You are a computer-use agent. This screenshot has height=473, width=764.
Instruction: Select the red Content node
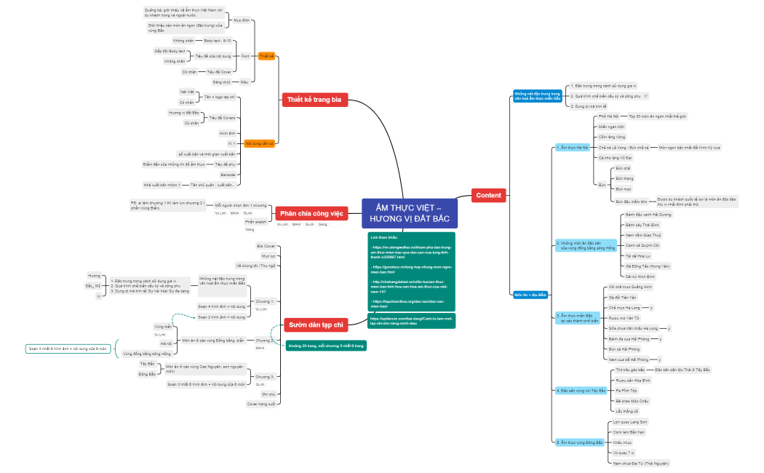(x=488, y=195)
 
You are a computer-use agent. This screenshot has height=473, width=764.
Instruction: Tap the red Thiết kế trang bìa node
(x=314, y=100)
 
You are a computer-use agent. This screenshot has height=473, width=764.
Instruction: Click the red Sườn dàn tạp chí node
(x=315, y=325)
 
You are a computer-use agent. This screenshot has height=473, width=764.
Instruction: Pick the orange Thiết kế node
(x=267, y=56)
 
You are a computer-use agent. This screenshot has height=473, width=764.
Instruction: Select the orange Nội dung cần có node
(x=260, y=143)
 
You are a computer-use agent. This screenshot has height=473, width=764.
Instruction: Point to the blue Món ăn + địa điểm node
(x=530, y=295)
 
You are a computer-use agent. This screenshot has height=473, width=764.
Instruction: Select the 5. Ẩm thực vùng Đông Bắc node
(x=579, y=442)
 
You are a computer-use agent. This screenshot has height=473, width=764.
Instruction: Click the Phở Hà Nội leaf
(x=608, y=116)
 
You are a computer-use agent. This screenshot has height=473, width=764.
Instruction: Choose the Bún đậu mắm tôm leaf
(x=630, y=201)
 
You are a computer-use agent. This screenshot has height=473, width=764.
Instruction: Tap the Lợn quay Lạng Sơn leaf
(x=630, y=422)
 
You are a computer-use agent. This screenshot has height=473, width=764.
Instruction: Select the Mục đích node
(x=241, y=20)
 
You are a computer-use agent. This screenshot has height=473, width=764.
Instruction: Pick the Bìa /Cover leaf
(x=266, y=246)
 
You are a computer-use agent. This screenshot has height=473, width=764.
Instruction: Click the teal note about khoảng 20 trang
(x=325, y=345)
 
